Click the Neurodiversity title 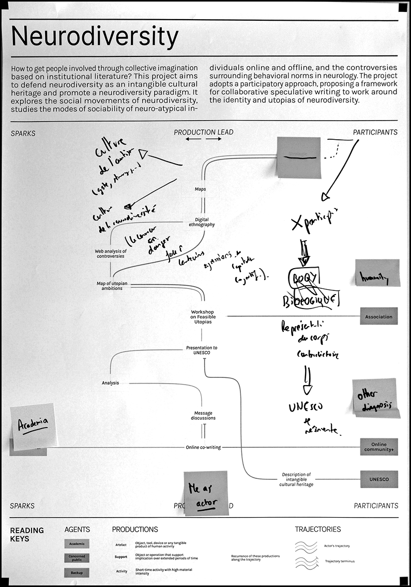coord(95,37)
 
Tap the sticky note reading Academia coord(32,426)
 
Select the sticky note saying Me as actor coord(206,493)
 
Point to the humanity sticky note coord(377,272)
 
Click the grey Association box coord(379,317)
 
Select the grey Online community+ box coord(379,447)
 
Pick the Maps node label coord(201,189)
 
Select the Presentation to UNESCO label coord(202,350)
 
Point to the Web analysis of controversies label coord(110,254)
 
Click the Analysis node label coord(110,383)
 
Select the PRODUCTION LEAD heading coord(203,132)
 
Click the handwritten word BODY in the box coord(305,277)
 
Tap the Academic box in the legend coord(77,544)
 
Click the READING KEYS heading coord(27,534)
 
